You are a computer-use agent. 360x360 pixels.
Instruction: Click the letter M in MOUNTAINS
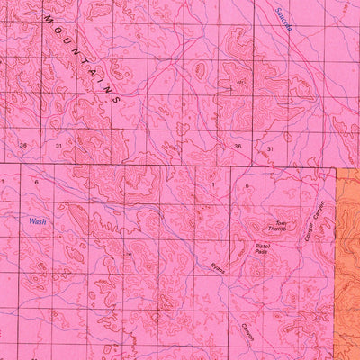47,20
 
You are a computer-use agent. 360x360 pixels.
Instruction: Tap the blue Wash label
37,220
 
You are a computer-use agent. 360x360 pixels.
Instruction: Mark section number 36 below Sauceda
238,146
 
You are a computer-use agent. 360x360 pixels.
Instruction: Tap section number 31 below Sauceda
269,147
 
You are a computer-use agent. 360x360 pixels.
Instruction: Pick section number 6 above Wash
36,182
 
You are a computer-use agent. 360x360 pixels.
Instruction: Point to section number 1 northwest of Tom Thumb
213,184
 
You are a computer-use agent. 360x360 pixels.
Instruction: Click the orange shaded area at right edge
347,261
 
